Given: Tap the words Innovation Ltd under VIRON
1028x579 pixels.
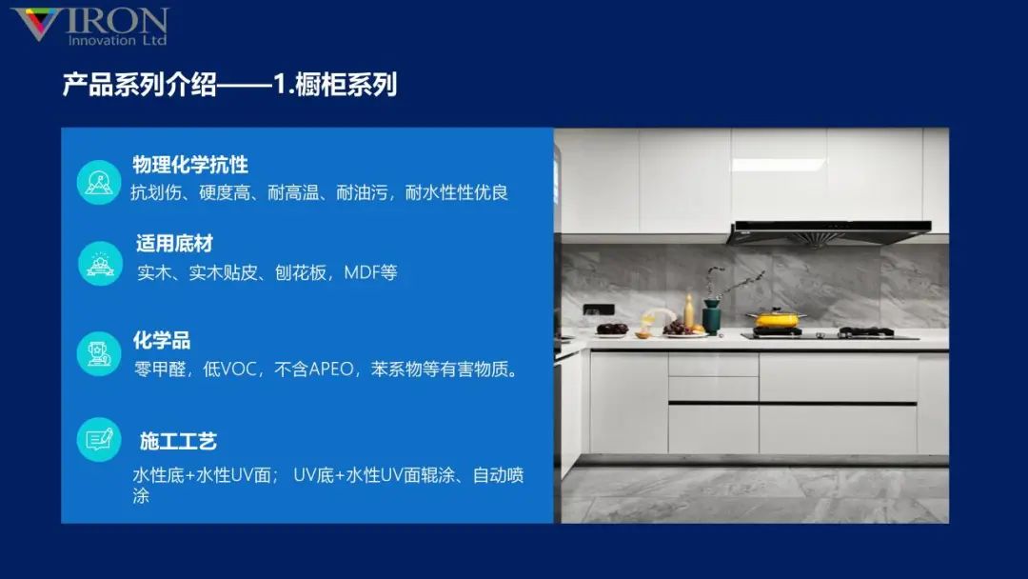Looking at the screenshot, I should point(117,41).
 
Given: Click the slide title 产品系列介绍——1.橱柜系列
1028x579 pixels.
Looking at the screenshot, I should point(229,85).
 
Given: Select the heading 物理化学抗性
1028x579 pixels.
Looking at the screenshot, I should point(190,165).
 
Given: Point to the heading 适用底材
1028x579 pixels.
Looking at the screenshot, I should point(174,244).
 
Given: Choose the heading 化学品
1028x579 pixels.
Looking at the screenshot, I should point(162,341).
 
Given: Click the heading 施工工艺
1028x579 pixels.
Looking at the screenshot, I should point(178,441).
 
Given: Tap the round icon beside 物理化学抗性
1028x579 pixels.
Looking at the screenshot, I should point(99,180).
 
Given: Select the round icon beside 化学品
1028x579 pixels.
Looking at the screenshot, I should point(99,353).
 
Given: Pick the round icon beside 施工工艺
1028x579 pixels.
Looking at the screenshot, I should point(99,440).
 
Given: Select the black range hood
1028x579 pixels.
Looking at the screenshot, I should point(828,231).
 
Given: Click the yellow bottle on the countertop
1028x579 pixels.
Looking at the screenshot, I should point(689,310).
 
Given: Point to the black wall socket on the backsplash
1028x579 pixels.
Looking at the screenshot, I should point(591,311).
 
